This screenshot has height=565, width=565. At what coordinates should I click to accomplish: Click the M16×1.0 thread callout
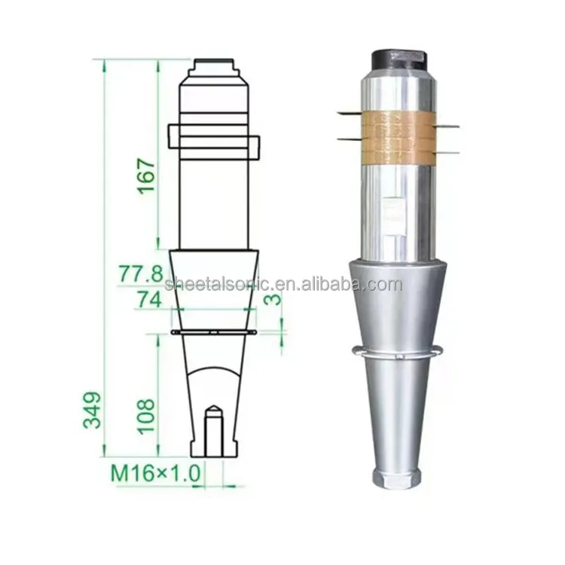point(157,474)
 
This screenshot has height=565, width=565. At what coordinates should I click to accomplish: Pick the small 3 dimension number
point(276,298)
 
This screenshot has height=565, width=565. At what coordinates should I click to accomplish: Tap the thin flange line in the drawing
point(214,331)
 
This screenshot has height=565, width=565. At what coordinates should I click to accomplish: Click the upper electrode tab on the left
point(350,113)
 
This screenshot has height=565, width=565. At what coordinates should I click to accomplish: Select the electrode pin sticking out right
point(447,126)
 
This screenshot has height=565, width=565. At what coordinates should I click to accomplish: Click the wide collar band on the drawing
point(214,142)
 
